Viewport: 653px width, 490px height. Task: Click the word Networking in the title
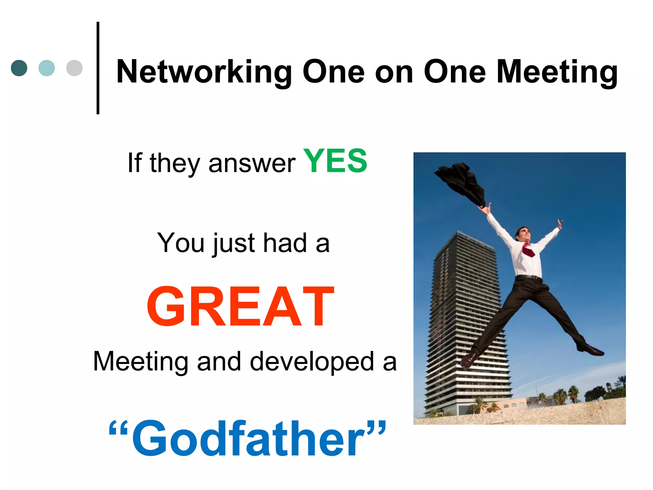click(x=204, y=72)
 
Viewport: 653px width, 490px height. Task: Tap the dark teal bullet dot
click(x=19, y=68)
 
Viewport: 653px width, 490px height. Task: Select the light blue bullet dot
click(x=47, y=68)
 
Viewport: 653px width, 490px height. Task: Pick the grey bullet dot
click(x=74, y=68)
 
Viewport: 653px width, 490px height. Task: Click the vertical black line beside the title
click(x=98, y=68)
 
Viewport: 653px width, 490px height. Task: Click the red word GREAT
click(x=240, y=307)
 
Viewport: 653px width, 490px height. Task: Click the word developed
click(x=312, y=362)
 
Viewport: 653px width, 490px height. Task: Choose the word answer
click(x=252, y=164)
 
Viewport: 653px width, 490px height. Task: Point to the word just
click(x=234, y=243)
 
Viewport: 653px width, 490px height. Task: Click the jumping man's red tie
click(x=528, y=250)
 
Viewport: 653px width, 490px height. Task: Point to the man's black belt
click(x=529, y=277)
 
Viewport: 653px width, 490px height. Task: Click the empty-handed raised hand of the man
click(x=560, y=224)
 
